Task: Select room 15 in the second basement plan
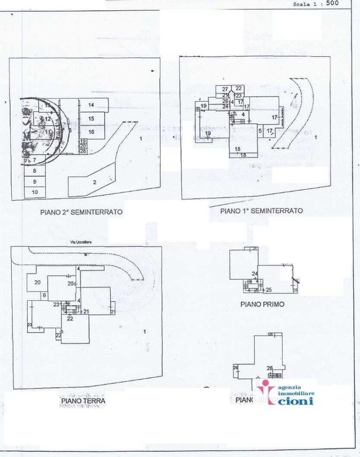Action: point(91,119)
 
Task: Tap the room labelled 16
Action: point(91,132)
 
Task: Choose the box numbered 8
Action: point(35,171)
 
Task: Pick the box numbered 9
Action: point(35,182)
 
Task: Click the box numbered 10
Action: point(35,192)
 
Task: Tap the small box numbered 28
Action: point(82,151)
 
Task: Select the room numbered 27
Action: point(225,89)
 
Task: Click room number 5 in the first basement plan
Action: point(259,130)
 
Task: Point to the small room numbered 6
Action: point(44,295)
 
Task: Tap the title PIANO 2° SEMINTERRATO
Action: point(81,212)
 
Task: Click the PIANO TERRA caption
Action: point(82,401)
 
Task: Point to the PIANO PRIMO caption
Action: point(262,304)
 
